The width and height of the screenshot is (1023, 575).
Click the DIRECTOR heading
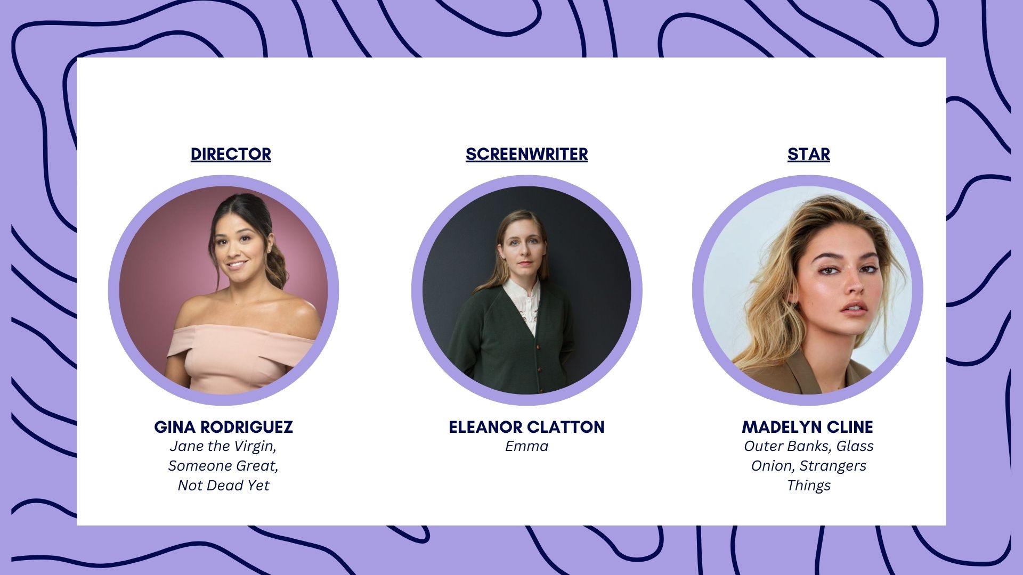pyautogui.click(x=231, y=154)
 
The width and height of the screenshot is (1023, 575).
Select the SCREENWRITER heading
pyautogui.click(x=526, y=154)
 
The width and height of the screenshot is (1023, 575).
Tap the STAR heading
pyautogui.click(x=808, y=154)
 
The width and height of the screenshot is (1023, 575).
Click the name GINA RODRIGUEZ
pyautogui.click(x=223, y=427)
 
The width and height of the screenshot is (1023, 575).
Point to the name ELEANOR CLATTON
pyautogui.click(x=526, y=427)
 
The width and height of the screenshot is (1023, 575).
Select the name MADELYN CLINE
pyautogui.click(x=807, y=427)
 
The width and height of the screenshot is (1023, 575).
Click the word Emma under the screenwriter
pyautogui.click(x=526, y=446)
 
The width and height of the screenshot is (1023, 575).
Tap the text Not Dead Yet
pyautogui.click(x=223, y=486)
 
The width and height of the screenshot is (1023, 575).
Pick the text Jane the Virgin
pyautogui.click(x=222, y=446)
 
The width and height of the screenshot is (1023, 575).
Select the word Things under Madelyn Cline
pyautogui.click(x=808, y=486)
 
